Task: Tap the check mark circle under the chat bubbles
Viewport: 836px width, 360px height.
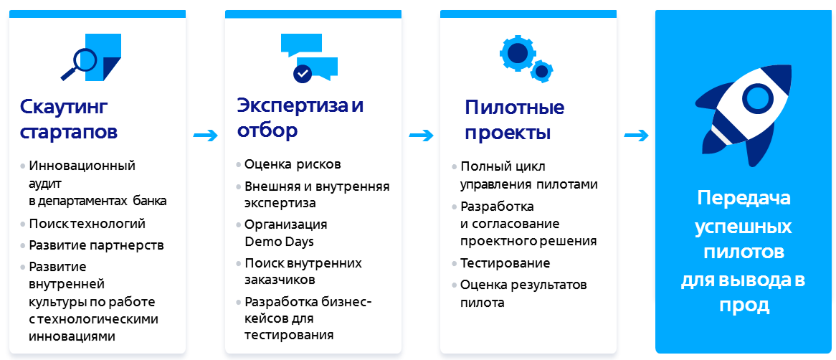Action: coord(303,73)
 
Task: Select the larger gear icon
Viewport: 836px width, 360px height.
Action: coord(517,53)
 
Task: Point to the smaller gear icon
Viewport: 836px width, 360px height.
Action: coord(542,71)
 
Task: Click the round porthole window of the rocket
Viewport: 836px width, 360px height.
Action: coord(758,97)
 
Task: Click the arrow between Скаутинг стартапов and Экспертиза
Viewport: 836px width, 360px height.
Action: coord(206,136)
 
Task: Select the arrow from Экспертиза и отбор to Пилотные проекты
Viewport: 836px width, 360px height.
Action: coord(421,136)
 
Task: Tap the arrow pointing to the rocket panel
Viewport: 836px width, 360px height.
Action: coord(637,136)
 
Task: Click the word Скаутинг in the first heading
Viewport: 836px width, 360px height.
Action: coord(64,107)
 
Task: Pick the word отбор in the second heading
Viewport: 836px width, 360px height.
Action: coord(267,131)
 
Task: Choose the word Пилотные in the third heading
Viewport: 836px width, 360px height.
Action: coord(515,107)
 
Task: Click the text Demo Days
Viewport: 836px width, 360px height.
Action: coord(279,241)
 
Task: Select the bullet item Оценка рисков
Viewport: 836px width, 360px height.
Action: coord(293,164)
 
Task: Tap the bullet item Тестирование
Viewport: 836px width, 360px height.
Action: coord(505,263)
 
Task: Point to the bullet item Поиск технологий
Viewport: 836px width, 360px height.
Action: coord(87,224)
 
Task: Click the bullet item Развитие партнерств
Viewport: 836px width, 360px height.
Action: coord(97,245)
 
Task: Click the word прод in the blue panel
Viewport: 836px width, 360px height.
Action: coord(744,305)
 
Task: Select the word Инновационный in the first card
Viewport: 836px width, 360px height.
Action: coord(82,166)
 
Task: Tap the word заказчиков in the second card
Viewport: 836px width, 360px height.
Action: coord(280,280)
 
